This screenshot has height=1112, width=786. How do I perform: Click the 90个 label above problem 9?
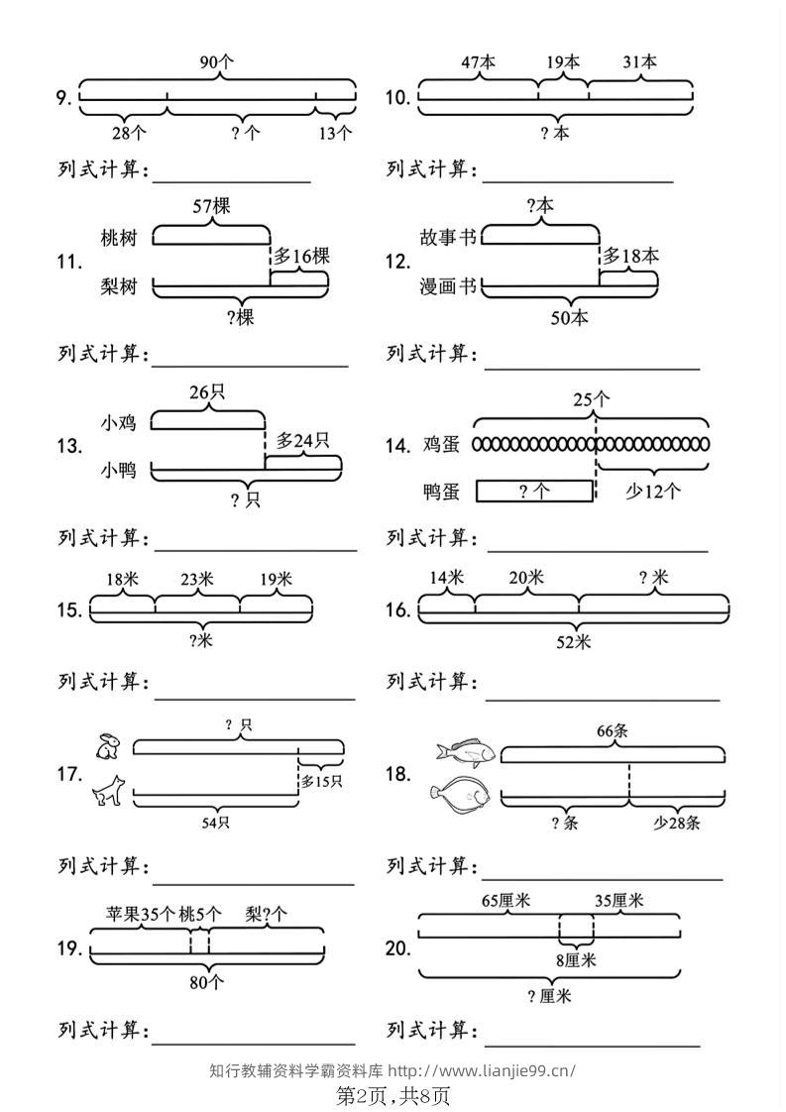[216, 61]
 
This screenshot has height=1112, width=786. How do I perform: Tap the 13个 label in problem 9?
[334, 132]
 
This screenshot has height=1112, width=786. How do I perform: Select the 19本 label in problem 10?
[563, 62]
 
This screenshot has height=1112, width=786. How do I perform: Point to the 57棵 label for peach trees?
[211, 206]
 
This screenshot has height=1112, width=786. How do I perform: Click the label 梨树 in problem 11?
[119, 285]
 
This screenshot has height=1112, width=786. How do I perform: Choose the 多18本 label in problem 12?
[630, 256]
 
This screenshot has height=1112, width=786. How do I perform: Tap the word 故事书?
[448, 237]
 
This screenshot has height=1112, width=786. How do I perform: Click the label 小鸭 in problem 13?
[119, 470]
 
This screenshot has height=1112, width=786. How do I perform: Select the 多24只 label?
[303, 440]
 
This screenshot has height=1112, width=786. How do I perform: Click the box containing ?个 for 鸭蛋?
[534, 492]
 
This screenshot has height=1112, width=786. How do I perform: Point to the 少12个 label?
[652, 491]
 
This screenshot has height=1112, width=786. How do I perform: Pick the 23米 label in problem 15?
[196, 580]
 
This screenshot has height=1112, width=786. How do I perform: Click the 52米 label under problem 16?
[574, 642]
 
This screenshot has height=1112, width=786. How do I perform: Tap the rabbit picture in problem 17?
[109, 745]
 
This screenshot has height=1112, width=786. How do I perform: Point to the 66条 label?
[613, 731]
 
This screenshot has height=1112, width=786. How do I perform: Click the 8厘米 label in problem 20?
[576, 960]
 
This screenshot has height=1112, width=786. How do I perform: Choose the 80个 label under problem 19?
[206, 982]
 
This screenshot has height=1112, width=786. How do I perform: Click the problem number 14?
[398, 446]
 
